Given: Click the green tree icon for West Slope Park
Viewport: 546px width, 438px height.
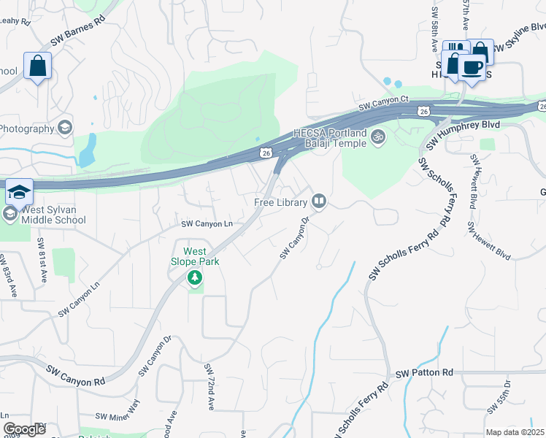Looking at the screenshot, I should coord(194,277).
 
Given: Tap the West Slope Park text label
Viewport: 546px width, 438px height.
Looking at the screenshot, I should coord(193,255).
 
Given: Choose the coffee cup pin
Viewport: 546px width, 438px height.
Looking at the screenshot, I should coord(472,67).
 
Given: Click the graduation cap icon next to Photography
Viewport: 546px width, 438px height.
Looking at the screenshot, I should coord(66,128).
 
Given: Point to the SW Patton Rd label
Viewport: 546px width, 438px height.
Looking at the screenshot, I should coord(424,373).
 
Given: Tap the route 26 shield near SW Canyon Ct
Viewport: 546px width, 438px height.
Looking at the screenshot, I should coord(423,111).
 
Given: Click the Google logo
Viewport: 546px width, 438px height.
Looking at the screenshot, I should coord(24,429).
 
